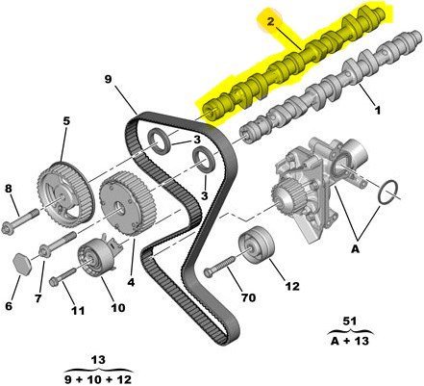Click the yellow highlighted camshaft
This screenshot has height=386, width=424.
[x=294, y=64]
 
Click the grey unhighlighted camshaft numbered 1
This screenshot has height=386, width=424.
[x=330, y=87]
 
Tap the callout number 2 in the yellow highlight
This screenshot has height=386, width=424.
[x=271, y=22]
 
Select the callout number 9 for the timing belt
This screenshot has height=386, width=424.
[x=108, y=79]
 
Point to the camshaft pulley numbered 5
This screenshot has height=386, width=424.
[x=65, y=195]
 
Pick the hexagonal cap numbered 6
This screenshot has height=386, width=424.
[x=23, y=264]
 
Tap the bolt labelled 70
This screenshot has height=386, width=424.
[x=221, y=266]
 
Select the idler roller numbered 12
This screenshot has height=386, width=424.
[x=257, y=244]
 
